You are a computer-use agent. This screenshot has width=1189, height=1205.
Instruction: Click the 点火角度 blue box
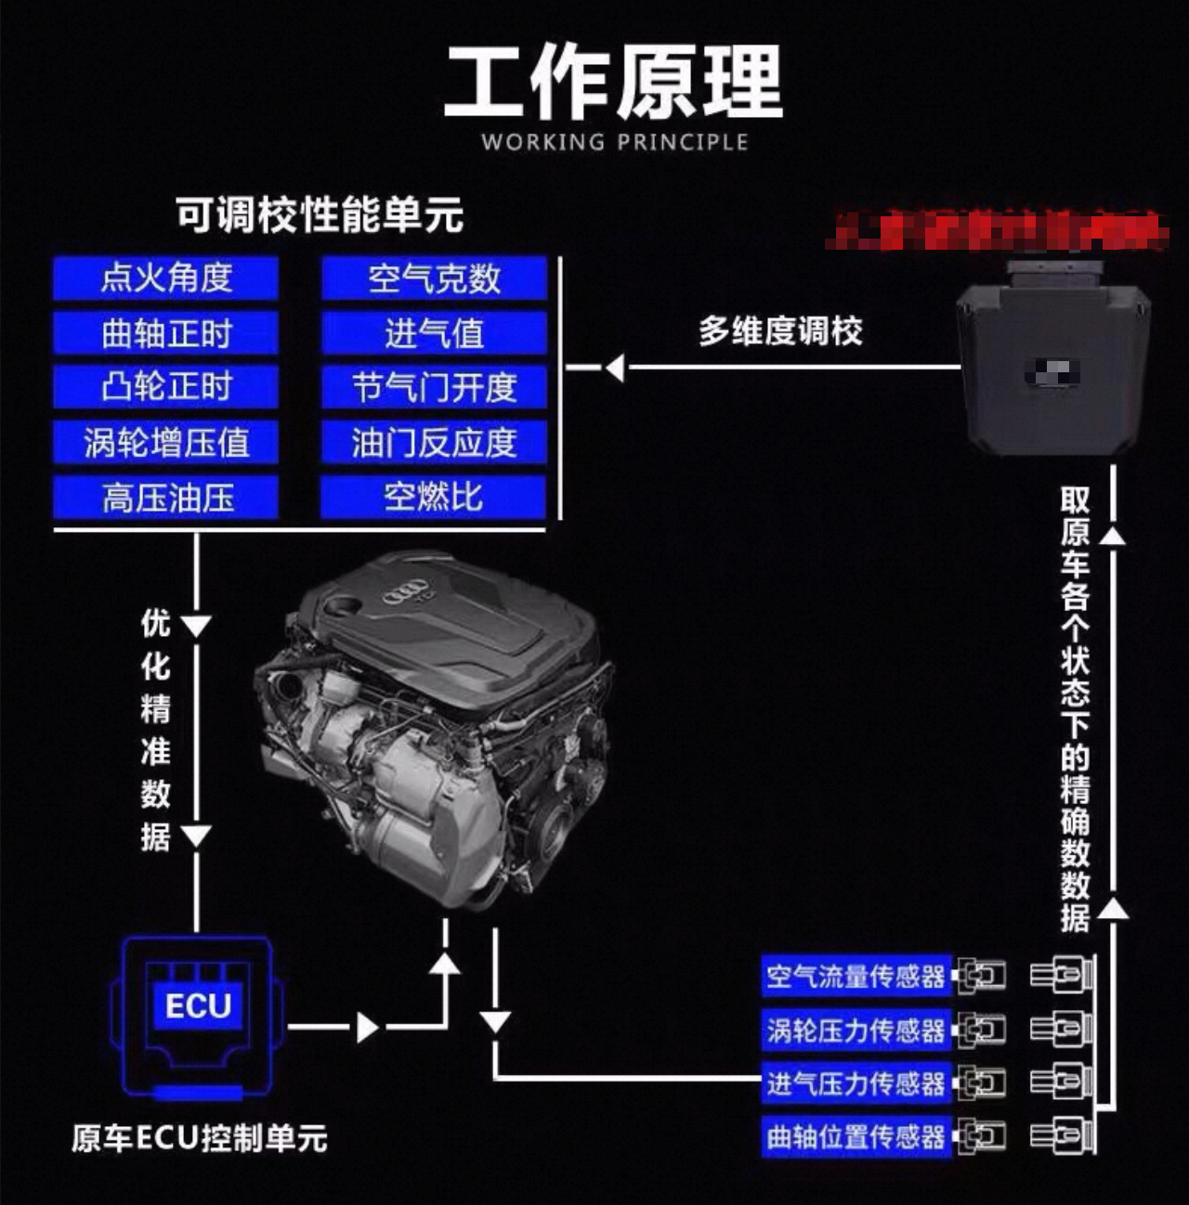pyautogui.click(x=165, y=278)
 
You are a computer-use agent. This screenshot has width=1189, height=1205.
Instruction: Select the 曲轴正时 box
pyautogui.click(x=165, y=332)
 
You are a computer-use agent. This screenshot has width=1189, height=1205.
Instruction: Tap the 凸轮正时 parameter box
pyautogui.click(x=165, y=386)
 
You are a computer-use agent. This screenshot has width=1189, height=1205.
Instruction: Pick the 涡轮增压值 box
pyautogui.click(x=165, y=442)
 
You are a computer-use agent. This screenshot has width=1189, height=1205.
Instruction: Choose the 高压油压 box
pyautogui.click(x=165, y=498)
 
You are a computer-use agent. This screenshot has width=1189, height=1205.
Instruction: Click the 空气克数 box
pyautogui.click(x=434, y=278)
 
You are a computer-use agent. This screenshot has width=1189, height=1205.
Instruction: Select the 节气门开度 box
pyautogui.click(x=434, y=386)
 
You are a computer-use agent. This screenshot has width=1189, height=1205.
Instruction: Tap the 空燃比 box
pyautogui.click(x=434, y=498)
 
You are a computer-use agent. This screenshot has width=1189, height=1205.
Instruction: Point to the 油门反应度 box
pyautogui.click(x=434, y=442)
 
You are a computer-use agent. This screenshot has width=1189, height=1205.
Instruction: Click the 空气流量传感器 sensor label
pyautogui.click(x=856, y=976)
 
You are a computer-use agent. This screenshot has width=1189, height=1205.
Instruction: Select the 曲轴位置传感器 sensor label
pyautogui.click(x=856, y=1136)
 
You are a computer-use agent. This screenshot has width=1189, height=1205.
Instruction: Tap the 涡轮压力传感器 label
pyautogui.click(x=856, y=1030)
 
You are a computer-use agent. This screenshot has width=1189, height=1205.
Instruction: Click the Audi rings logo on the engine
pyautogui.click(x=405, y=590)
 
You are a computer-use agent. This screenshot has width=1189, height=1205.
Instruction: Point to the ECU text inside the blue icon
pyautogui.click(x=198, y=1006)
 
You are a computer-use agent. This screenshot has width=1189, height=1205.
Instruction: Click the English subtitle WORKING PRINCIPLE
pyautogui.click(x=614, y=142)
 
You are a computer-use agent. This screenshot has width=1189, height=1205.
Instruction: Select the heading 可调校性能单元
pyautogui.click(x=320, y=215)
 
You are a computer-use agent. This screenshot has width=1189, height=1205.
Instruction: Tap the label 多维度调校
pyautogui.click(x=780, y=331)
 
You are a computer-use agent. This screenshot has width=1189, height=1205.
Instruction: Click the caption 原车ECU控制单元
pyautogui.click(x=200, y=1138)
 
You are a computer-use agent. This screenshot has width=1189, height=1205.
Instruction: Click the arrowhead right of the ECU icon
pyautogui.click(x=368, y=1027)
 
